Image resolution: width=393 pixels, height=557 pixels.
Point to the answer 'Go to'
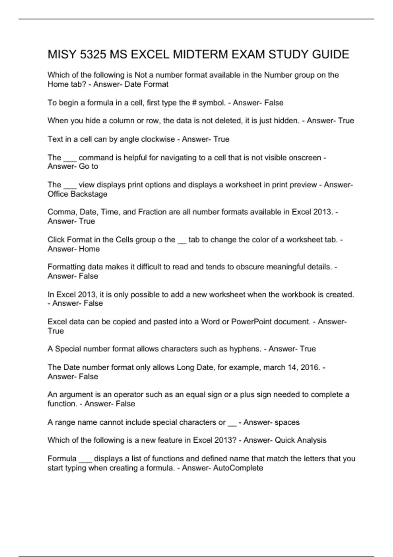click(x=88, y=166)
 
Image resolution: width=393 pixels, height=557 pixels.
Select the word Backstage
click(x=89, y=194)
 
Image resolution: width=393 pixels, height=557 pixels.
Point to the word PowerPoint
click(x=251, y=322)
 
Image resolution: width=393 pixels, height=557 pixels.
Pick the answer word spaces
click(x=287, y=422)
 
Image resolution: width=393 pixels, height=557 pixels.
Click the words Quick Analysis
click(x=300, y=440)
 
